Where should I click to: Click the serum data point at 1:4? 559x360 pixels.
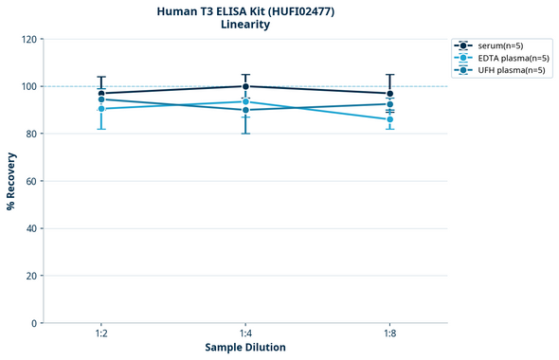coord(245,86)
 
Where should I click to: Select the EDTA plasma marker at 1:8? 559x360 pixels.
coord(389,119)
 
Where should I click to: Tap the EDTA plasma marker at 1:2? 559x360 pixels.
coord(101,109)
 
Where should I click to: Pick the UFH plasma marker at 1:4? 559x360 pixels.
coord(245,110)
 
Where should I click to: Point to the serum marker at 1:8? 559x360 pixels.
coord(389,94)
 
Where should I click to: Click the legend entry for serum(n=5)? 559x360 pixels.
coord(499,45)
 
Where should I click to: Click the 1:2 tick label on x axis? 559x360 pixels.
coord(101,334)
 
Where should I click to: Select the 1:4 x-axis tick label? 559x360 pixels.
coord(245,334)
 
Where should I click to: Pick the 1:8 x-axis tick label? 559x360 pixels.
coord(389,334)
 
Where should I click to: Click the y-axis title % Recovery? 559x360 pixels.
coord(11,181)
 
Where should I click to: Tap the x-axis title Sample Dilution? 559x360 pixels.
coord(245,348)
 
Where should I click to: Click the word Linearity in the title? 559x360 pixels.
coord(245,25)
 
